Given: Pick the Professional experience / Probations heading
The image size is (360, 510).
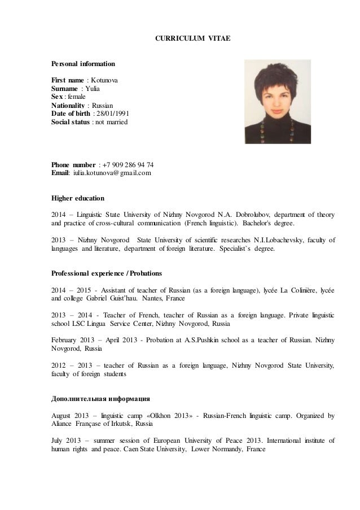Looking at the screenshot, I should [x=107, y=273].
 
